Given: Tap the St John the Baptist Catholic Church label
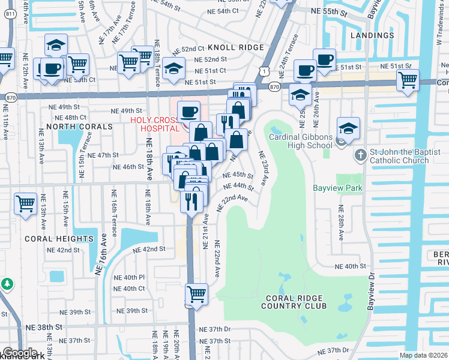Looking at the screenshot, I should (x=399, y=156).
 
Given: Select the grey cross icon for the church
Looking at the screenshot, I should (x=360, y=155).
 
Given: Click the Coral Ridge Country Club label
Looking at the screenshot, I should (x=294, y=302).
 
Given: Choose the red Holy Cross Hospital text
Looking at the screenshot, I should (x=155, y=124).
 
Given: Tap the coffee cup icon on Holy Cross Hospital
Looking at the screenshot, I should (x=189, y=112).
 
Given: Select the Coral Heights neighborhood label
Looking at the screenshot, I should (x=59, y=238).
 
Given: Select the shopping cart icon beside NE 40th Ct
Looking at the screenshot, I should (x=196, y=294).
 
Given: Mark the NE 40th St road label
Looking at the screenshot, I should (x=351, y=266).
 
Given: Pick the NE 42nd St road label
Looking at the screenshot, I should (x=149, y=249).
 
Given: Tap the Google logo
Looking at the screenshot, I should (x=20, y=353).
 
